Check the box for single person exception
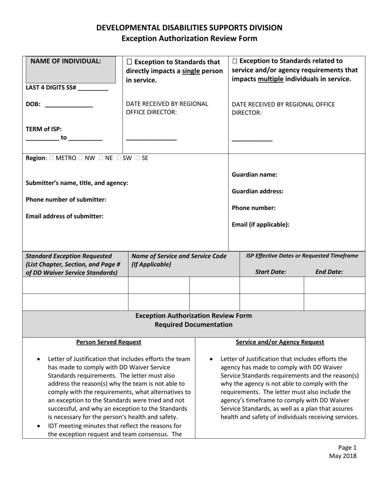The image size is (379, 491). pos(129,62)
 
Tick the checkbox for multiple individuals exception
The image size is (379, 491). pos(235,61)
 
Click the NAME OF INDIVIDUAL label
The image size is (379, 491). pos(66,61)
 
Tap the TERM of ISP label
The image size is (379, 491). pos(44,129)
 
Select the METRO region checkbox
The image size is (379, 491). pos(52,158)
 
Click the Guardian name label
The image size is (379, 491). pos(255,174)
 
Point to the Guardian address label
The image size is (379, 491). pos(258,191)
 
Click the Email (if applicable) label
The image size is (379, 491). pos(261,224)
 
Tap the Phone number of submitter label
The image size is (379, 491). pos(66,199)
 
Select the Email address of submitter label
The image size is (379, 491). pos(65,216)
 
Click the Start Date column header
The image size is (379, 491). pos(270,272)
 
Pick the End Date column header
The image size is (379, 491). pos(329,272)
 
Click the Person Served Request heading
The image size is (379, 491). pos(109,342)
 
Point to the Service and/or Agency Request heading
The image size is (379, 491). pos(280,342)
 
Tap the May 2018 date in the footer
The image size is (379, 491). pos(343,456)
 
